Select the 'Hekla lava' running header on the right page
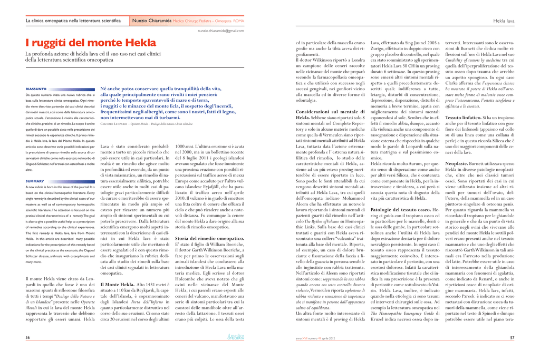click(x=504, y=21)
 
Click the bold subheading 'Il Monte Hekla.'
click(x=117, y=285)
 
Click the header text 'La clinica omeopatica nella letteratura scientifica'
click(x=73, y=21)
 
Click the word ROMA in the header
click(x=238, y=21)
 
